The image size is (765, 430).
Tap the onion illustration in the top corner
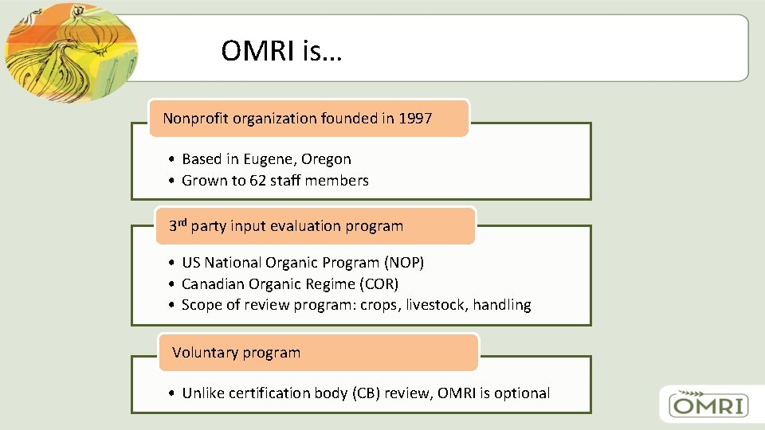pyautogui.click(x=68, y=52)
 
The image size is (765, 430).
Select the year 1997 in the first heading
pyautogui.click(x=415, y=119)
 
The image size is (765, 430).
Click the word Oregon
pyautogui.click(x=326, y=159)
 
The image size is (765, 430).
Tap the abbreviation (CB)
pyautogui.click(x=371, y=393)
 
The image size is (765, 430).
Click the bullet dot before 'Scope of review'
pyautogui.click(x=171, y=305)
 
